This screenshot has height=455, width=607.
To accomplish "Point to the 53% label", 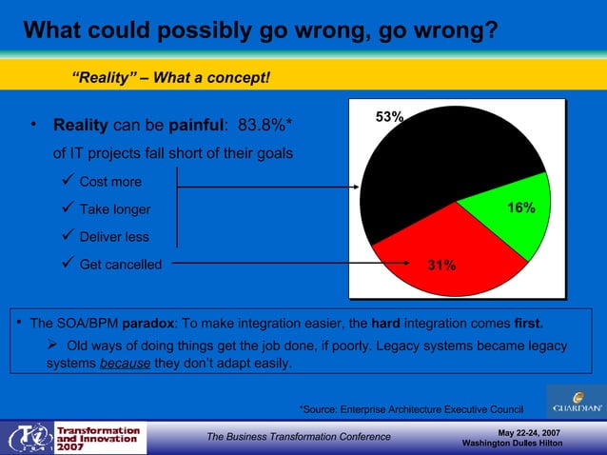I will (389, 117).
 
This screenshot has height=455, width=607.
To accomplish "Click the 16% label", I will (520, 208).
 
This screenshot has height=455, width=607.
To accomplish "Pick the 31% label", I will (441, 266).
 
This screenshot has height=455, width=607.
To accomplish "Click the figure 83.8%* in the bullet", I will (264, 126).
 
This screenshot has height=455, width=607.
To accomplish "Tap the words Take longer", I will (114, 209).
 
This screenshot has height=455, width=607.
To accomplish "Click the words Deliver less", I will (114, 237).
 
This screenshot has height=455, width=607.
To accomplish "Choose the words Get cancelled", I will (120, 265).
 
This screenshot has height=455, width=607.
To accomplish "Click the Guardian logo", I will (577, 401).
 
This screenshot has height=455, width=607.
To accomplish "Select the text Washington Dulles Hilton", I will (519, 445).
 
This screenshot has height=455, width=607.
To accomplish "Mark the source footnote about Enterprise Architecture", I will (411, 409).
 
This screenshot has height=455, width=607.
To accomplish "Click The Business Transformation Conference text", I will (299, 437).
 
